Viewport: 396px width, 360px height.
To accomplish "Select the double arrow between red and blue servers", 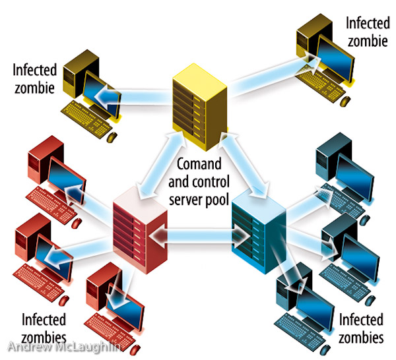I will point(195,234).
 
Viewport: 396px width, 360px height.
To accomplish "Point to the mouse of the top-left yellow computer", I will point(112,137).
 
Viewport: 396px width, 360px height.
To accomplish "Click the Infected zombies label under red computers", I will point(44,328).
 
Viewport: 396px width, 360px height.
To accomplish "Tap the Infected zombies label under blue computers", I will point(360,328).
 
